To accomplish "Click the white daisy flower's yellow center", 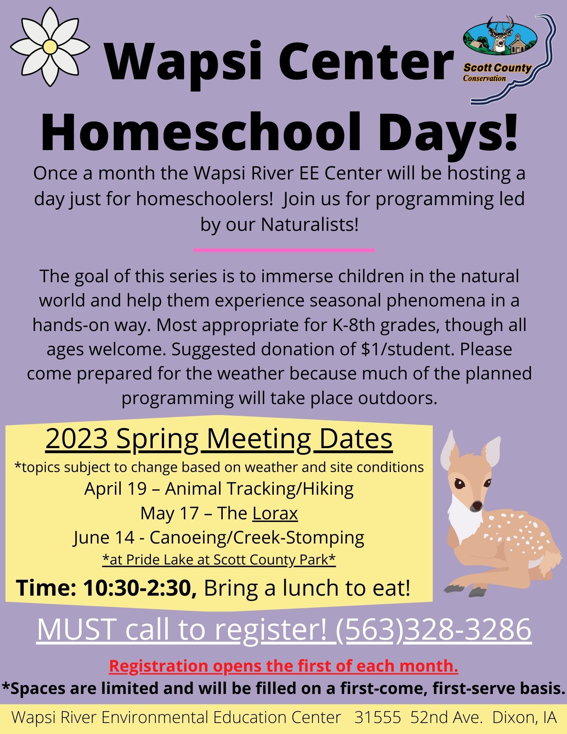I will pos(50,47).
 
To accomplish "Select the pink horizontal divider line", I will pos(284,250).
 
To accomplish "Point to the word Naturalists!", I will pos(309,225).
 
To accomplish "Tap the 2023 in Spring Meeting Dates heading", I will pos(77,439).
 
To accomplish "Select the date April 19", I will pos(115,489).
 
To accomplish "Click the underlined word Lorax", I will pos(275,513).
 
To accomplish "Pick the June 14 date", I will pos(104,538).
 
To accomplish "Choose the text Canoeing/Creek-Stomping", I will pos(257,538).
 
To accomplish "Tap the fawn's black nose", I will pos(477,506).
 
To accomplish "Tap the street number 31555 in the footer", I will pos(378,717).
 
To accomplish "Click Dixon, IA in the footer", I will pos(524,717).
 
